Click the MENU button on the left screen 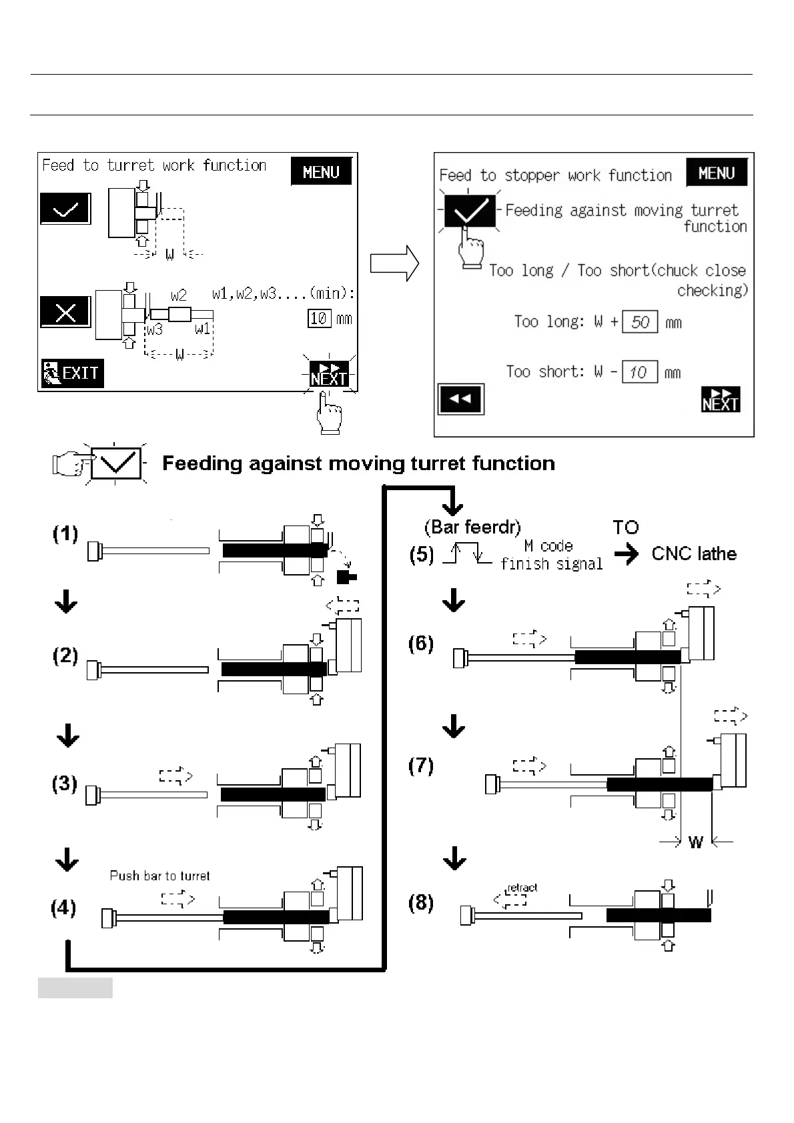coord(321,172)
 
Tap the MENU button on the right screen coord(716,173)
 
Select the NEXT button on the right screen coord(721,399)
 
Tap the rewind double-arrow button coord(460,399)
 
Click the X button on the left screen coord(65,311)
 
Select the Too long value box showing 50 coord(640,322)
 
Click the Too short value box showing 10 coord(639,372)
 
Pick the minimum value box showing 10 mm coord(319,318)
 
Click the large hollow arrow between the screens coord(394,263)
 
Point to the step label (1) coord(65,534)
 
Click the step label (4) coord(63,908)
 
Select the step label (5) coord(422,555)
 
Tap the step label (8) coord(421,903)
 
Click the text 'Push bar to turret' coord(159,876)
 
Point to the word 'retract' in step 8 coord(522,888)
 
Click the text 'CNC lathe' coord(694,553)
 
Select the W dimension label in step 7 coord(695,842)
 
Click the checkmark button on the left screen coord(65,209)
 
